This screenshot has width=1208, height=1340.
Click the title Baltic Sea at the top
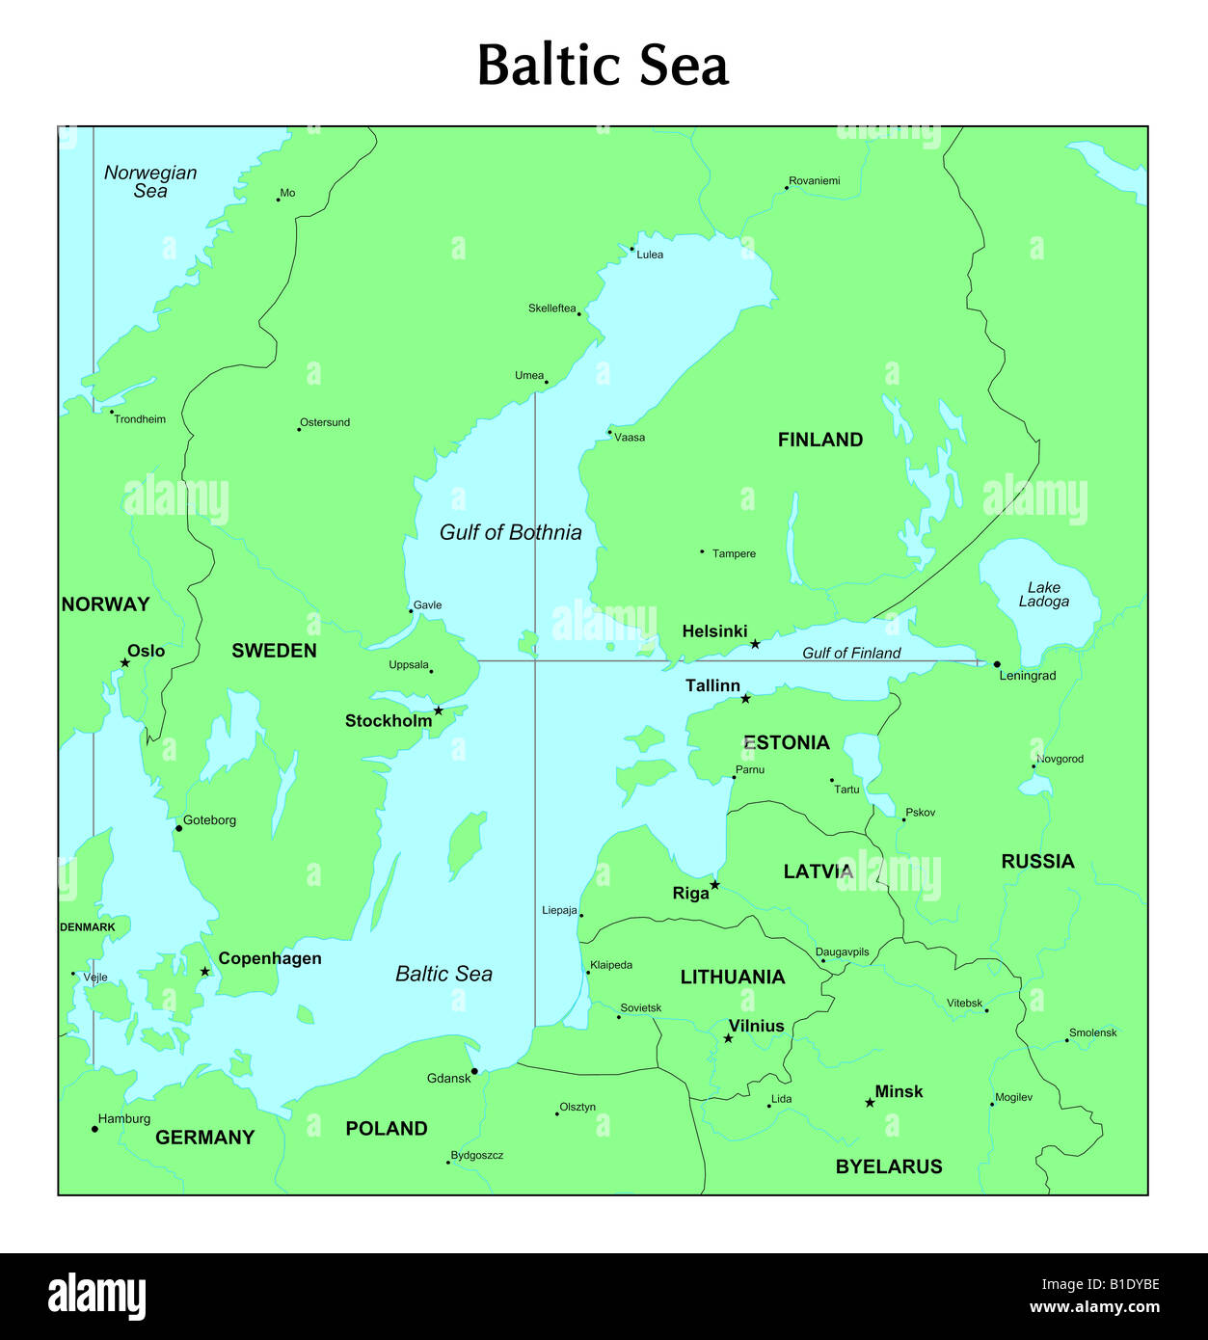[603, 66]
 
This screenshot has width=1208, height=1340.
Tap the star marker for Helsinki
[755, 644]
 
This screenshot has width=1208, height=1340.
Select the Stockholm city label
[389, 721]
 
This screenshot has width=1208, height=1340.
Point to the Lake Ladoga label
[1043, 594]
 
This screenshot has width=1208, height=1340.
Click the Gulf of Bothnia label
[510, 532]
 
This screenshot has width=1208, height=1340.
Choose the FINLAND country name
[819, 440]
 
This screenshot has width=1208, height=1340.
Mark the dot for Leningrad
[997, 664]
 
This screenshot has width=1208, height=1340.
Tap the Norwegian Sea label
[150, 181]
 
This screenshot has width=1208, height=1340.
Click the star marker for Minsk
[870, 1102]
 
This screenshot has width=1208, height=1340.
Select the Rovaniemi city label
[814, 180]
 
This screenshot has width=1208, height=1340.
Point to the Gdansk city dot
[474, 1071]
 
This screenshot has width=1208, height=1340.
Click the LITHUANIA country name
[732, 977]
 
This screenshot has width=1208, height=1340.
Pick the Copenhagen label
[270, 958]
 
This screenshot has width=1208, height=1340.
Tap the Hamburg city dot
[94, 1129]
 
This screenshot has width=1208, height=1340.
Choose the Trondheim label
[140, 419]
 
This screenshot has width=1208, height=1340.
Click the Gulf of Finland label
[851, 653]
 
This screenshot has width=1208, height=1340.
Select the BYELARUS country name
[888, 1166]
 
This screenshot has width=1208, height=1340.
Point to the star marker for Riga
[714, 885]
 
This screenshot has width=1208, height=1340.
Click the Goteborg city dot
[178, 828]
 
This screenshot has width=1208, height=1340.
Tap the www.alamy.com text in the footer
[1094, 1307]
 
